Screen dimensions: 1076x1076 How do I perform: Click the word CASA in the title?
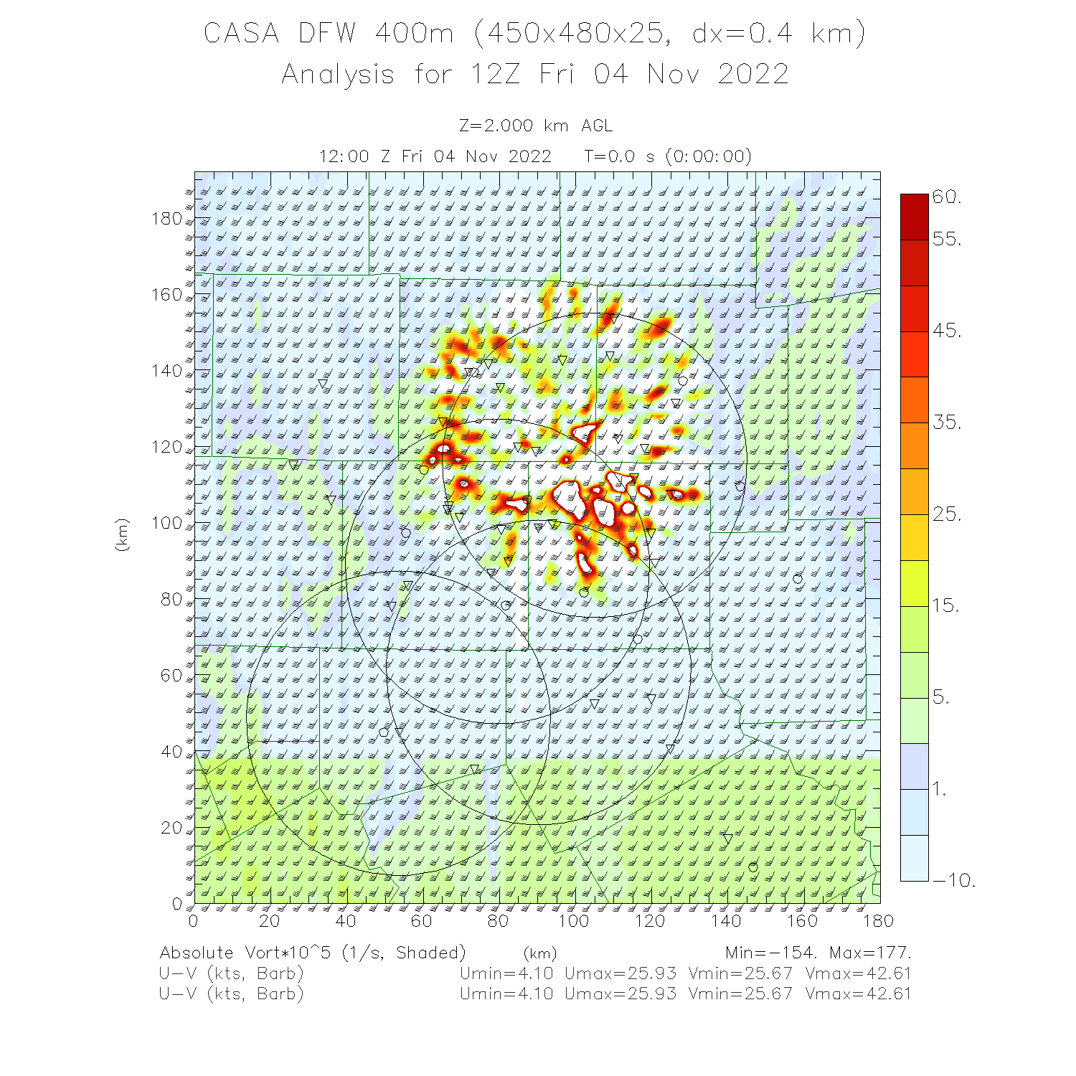241,34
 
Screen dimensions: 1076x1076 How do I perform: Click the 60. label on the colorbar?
947,197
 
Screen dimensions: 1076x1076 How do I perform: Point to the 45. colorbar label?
947,331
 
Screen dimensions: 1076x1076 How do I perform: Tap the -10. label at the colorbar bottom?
953,880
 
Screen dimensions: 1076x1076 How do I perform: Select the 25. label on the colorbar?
947,514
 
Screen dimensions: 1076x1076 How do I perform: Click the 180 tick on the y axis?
166,219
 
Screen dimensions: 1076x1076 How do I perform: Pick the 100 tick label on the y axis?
166,523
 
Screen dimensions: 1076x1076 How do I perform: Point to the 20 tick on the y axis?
172,828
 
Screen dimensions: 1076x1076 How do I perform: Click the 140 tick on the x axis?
726,921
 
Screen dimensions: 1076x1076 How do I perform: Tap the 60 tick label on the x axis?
422,921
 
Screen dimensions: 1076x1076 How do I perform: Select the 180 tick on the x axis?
878,921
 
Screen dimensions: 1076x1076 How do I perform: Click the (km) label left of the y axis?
122,534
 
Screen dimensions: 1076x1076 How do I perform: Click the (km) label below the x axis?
540,953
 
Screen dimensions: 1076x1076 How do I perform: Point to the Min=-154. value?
770,953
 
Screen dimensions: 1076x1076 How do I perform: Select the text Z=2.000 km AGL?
536,126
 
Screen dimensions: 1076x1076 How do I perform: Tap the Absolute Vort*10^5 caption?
248,953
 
